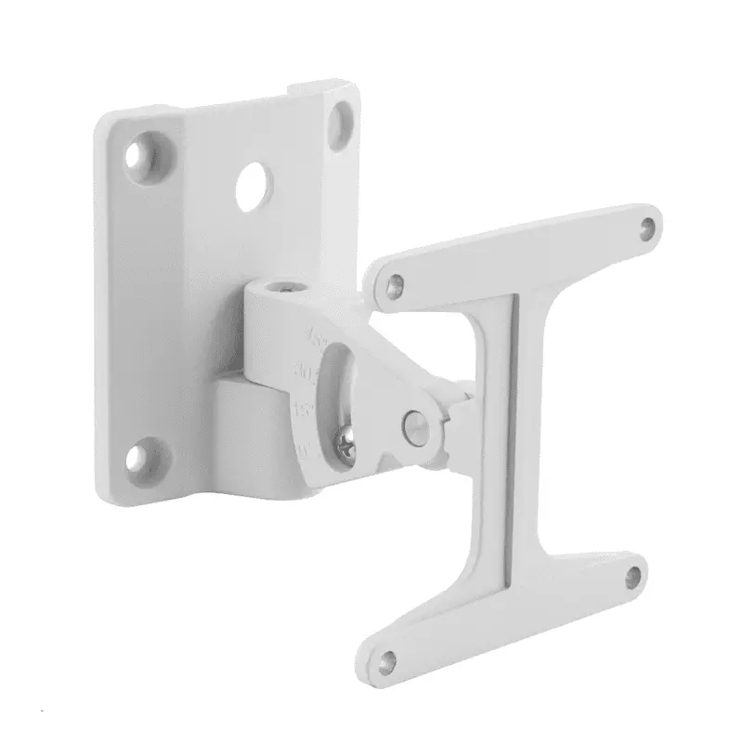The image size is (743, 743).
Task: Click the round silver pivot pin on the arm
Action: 414,424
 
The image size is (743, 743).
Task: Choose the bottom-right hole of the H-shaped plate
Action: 634,574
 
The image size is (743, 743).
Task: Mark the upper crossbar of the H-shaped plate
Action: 520,251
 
